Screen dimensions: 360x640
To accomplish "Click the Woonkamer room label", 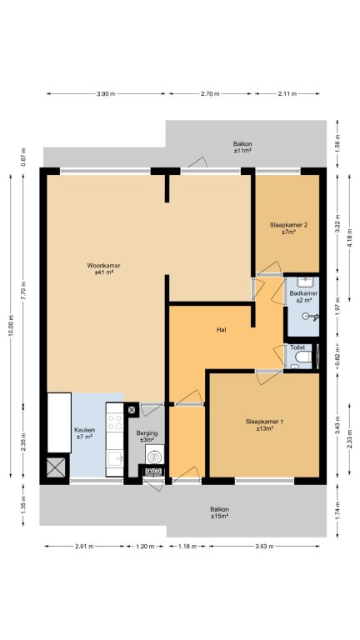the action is coord(103,268).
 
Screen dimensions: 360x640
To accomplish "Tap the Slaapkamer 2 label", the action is coord(288,227).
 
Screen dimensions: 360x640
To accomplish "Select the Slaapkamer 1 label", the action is coord(264,425).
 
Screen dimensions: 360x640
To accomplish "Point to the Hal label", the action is coord(222,330).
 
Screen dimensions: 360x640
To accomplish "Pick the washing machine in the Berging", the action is coord(155,455).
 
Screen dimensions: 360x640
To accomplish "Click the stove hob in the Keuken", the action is coord(115,422).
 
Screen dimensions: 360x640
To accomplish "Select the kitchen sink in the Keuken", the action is coord(115,459).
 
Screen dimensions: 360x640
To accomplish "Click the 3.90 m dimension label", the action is coord(106,93).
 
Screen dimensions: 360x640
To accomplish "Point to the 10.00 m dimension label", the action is coord(11,325).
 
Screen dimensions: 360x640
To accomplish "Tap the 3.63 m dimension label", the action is coord(264,546).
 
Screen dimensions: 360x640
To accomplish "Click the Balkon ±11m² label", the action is coord(242,147).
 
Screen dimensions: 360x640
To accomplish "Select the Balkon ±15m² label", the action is coord(219,512).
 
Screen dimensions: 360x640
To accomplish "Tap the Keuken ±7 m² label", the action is coord(84,433).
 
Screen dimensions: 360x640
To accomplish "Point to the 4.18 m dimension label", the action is coord(350,238).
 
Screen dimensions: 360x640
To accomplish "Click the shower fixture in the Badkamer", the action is coord(311,317).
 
